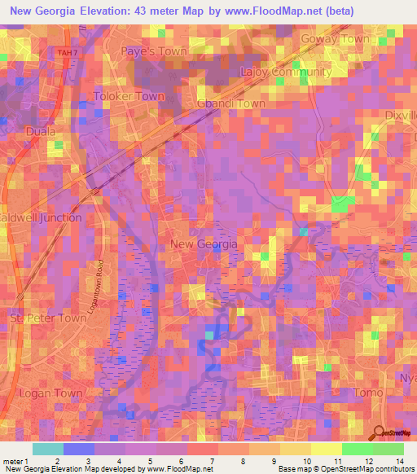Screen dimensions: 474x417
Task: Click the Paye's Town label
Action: [154, 51]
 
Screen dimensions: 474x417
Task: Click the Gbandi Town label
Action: [231, 103]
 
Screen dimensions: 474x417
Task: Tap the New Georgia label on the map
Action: [204, 244]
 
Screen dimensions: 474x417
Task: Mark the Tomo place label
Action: [369, 393]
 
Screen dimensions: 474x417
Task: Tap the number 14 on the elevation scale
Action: [400, 460]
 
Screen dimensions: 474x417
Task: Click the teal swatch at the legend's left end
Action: [48, 449]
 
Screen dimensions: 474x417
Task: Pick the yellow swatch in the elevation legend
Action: [327, 449]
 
